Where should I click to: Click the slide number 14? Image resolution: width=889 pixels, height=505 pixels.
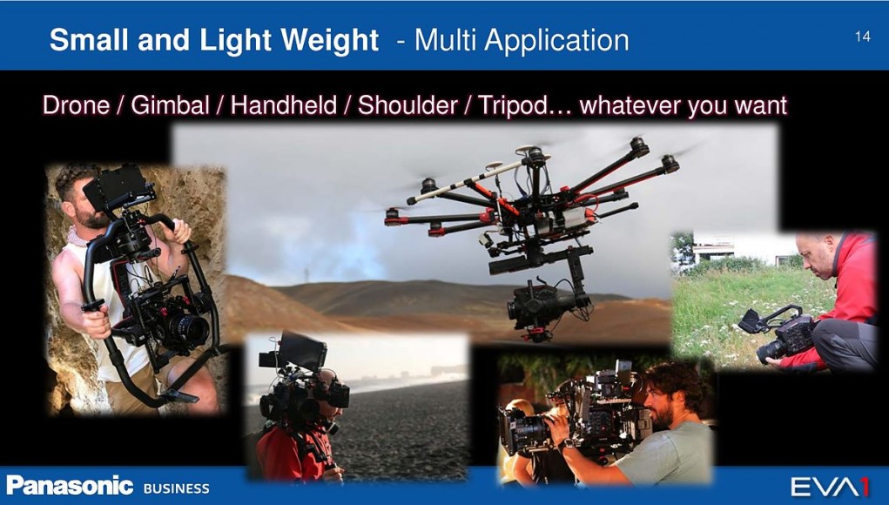(x=862, y=37)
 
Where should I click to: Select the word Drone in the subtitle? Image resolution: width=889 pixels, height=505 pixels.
(x=76, y=105)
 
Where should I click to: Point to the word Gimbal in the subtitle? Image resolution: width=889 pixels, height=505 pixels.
(x=170, y=105)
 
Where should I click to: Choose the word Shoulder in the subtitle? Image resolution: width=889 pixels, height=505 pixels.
(x=407, y=105)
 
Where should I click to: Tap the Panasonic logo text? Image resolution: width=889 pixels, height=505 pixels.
(x=71, y=486)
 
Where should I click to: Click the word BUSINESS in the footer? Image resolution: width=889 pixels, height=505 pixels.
(x=177, y=488)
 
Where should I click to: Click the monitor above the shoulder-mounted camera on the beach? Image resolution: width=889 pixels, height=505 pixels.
(x=300, y=352)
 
